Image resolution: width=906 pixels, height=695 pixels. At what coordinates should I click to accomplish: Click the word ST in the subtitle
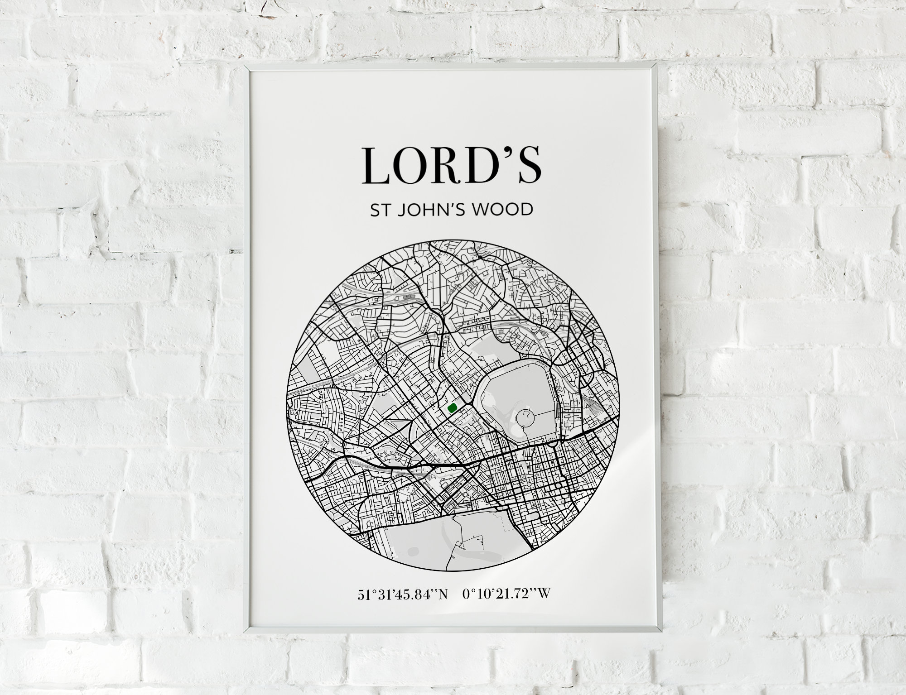click(379, 210)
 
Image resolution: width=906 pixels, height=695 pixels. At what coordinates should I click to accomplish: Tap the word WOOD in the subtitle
click(503, 210)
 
